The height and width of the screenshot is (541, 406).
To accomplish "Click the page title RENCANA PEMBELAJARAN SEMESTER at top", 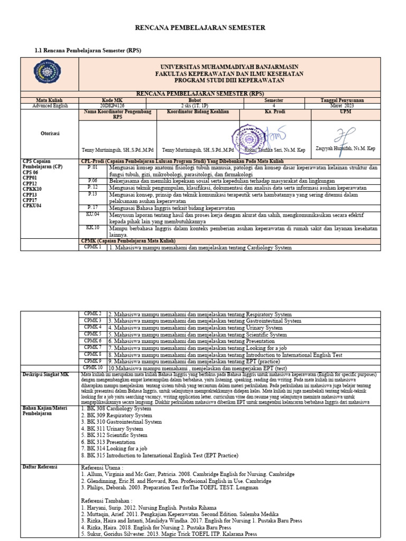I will point(200,27).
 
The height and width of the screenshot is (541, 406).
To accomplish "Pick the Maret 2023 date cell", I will point(345,105).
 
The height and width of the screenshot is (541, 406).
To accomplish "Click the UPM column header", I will point(345,111).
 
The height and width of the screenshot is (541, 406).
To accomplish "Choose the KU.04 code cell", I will point(93,214).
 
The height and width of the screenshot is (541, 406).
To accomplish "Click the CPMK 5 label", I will point(93,334).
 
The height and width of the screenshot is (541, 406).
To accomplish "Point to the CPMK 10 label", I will point(93,367).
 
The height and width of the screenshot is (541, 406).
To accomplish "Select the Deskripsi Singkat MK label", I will point(45,375).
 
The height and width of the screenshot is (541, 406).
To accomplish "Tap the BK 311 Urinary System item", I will point(112,429).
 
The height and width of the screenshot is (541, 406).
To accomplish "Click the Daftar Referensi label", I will point(40,467).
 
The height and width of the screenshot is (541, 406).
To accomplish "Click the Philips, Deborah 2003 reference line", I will point(170,488).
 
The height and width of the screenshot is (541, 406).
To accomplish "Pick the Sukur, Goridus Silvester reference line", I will point(169,534).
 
